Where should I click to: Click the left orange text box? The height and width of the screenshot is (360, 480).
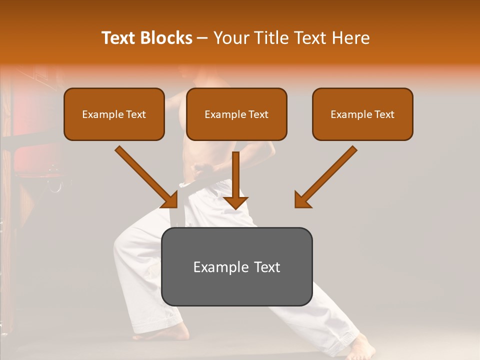coord(114,114)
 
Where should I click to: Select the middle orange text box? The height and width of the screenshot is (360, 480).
coord(236,114)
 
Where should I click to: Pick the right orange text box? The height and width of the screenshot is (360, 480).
coord(362,114)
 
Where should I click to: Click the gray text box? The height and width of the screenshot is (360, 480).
coord(236,266)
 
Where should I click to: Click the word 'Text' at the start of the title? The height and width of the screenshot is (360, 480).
coord(119,38)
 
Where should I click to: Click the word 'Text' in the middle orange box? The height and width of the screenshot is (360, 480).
coord(257,114)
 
